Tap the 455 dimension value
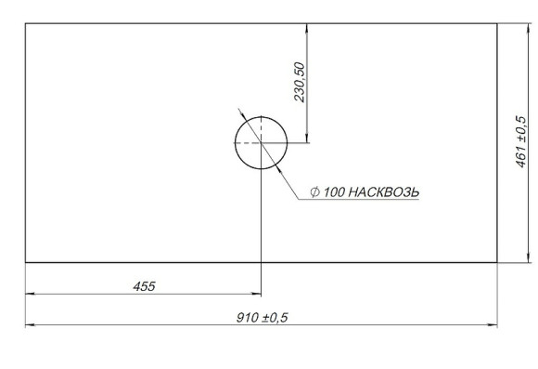pos(144,286)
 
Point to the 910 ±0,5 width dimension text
pos(263,318)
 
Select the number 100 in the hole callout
pos(334,192)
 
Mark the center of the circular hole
pos(262,143)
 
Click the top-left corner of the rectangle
pos(25,24)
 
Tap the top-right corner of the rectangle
pos(498,24)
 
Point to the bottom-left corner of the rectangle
pos(25,262)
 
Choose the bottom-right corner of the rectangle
pos(498,262)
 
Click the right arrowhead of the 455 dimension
pos(257,295)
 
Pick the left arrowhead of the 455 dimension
pos(30,295)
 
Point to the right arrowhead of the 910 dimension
pos(493,326)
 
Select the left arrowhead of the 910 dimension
pos(30,326)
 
